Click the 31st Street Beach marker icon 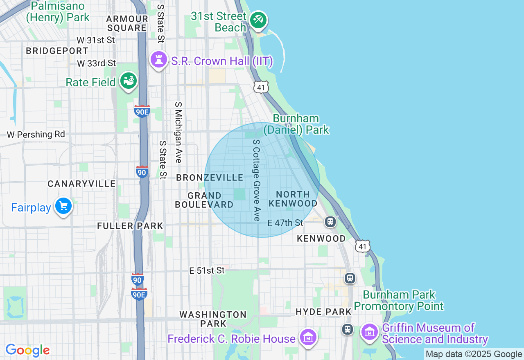click(258, 19)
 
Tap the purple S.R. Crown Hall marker click(159, 60)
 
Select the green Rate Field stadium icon click(129, 81)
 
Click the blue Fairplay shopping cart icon click(63, 206)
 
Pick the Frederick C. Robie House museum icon click(308, 337)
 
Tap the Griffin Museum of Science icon click(370, 332)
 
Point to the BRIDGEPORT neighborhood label click(57, 51)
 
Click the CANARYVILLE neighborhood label click(82, 184)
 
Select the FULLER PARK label click(130, 226)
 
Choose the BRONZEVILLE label click(210, 178)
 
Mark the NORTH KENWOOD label click(293, 199)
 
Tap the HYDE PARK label click(324, 312)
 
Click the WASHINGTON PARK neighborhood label click(213, 319)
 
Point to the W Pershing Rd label click(36, 135)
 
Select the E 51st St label click(207, 271)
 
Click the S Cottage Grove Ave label click(257, 180)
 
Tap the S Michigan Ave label click(178, 133)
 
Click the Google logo click(28, 351)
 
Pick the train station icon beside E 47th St click(330, 222)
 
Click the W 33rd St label click(97, 63)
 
